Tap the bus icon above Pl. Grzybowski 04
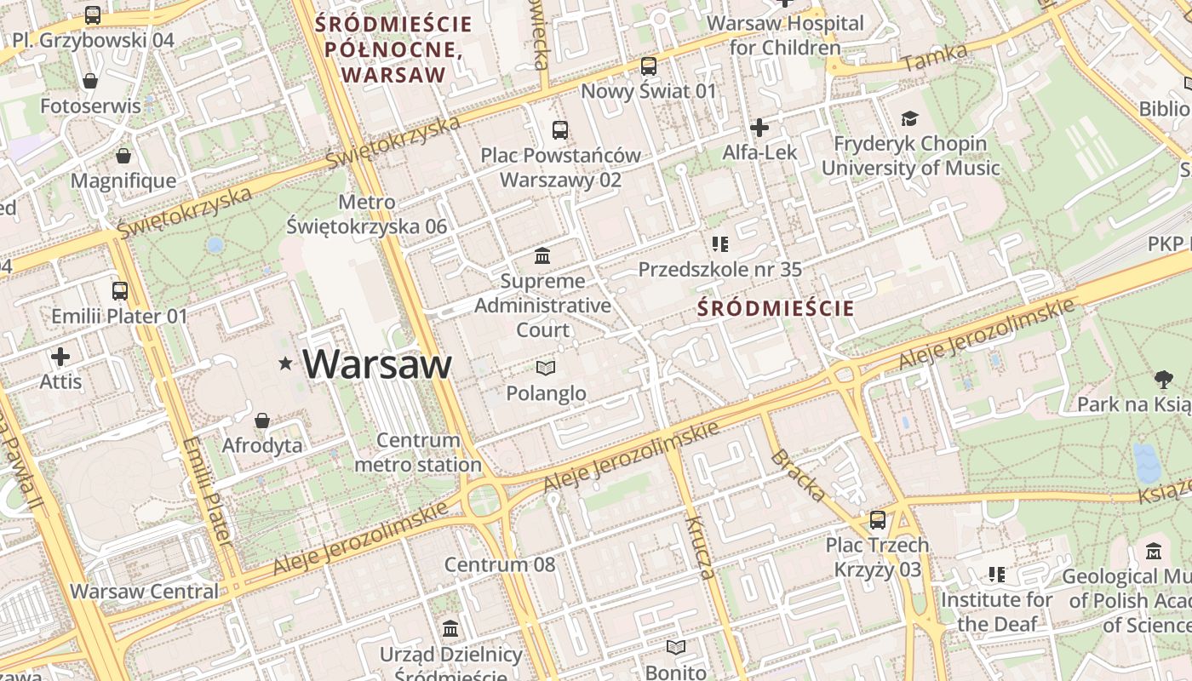point(92,15)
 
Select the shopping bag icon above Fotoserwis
point(90,82)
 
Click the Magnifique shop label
point(123,180)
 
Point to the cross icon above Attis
point(60,356)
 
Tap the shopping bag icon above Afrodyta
point(262,421)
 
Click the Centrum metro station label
point(418,453)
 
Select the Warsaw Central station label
point(144,591)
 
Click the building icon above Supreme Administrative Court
point(542,255)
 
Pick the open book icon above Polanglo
point(546,368)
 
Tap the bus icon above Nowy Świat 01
point(649,66)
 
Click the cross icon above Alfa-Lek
point(759,128)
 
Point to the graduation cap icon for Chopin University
point(910,119)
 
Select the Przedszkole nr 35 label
point(720,270)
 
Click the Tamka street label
point(935,58)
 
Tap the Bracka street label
point(798,475)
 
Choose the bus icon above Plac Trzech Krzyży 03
point(878,519)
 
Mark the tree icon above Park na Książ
point(1163,379)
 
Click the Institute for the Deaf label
point(996,611)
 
